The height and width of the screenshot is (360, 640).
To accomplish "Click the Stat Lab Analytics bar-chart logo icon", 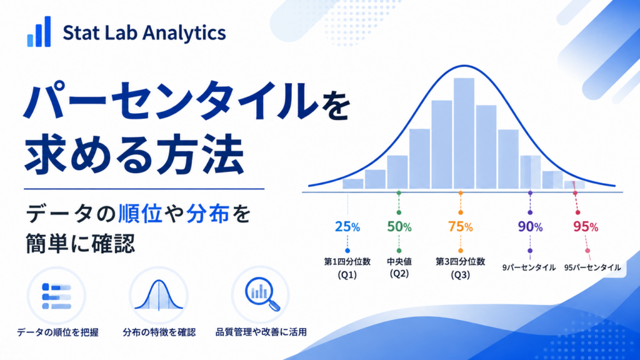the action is [39, 31].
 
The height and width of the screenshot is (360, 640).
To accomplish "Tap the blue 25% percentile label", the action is [347, 226].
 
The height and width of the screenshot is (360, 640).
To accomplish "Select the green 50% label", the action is [399, 226].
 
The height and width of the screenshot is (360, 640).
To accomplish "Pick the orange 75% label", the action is [461, 226].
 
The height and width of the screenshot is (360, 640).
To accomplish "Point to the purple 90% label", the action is [530, 226].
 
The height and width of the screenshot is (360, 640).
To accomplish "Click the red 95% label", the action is [586, 226].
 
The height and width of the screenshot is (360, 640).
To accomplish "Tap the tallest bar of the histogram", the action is [464, 133].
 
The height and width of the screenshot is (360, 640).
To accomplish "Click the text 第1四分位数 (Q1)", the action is [347, 268].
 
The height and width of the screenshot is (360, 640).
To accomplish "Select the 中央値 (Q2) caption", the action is [399, 267].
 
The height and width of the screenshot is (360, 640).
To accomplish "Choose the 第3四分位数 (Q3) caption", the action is [461, 268].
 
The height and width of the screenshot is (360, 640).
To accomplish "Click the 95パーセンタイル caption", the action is [592, 267].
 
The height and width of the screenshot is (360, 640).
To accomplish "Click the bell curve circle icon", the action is [159, 296].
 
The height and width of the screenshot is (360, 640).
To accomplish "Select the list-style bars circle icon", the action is [56, 296].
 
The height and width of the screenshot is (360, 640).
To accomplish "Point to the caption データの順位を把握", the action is [57, 332].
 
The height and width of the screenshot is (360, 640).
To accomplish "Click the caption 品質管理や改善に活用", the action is [261, 332].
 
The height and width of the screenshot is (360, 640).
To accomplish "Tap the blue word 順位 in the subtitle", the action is [141, 214].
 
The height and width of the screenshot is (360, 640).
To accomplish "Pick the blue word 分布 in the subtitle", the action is [207, 214].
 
